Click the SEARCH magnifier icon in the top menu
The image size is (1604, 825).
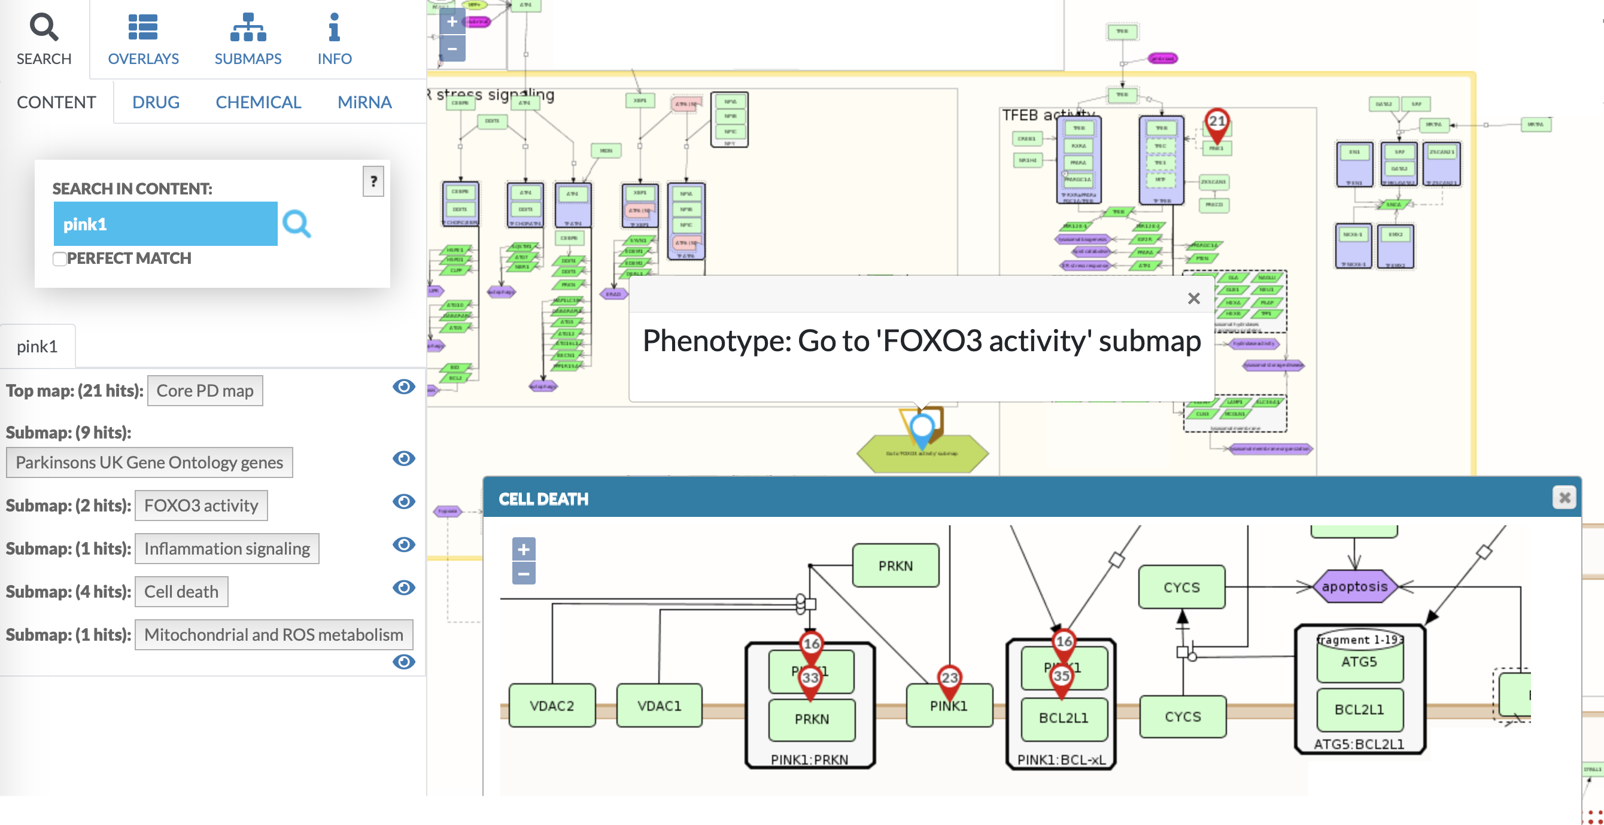44,28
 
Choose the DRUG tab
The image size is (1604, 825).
156,102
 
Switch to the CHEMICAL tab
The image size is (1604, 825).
258,102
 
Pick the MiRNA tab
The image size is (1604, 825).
364,102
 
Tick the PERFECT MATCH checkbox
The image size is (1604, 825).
60,259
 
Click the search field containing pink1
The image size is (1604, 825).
165,224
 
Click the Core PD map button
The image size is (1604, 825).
205,391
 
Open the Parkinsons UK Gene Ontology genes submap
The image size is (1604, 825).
150,462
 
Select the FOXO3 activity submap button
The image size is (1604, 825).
201,506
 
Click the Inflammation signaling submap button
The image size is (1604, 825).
227,549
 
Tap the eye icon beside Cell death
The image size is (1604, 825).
403,587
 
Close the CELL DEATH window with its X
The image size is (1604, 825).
1563,498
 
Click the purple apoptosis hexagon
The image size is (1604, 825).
1354,586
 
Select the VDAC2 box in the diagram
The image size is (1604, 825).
552,705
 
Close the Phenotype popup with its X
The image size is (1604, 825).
1193,299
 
